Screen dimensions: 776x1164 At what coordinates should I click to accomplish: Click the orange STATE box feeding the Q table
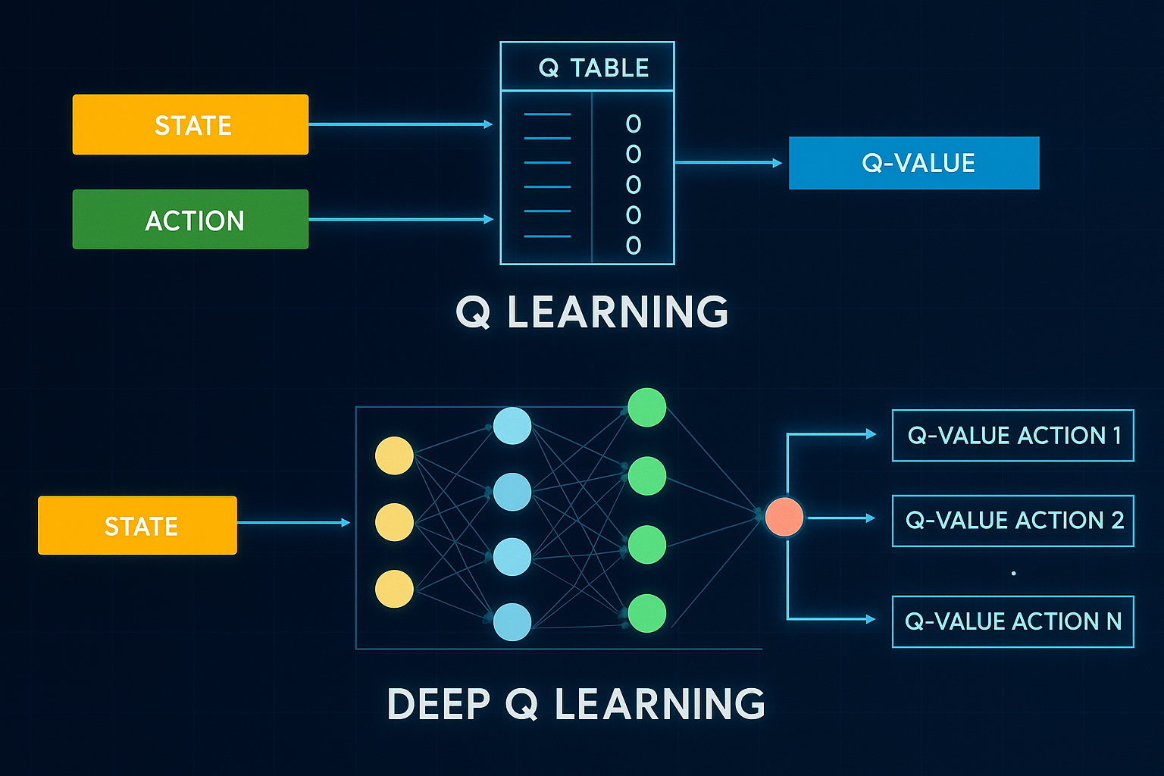(x=190, y=124)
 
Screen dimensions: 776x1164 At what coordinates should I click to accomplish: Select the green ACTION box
(x=190, y=220)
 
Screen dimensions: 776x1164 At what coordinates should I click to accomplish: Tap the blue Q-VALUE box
(x=914, y=163)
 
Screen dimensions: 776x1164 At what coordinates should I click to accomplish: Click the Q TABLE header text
(x=593, y=68)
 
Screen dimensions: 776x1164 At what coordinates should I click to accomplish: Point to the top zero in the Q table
(x=634, y=124)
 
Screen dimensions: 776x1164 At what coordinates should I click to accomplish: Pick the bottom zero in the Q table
(x=634, y=246)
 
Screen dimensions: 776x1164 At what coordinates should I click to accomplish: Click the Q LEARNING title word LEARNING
(x=618, y=312)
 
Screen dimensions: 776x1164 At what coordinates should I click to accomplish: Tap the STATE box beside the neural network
(x=137, y=525)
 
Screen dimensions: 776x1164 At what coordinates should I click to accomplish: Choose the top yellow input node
(x=394, y=455)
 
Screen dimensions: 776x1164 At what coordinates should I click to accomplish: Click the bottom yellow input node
(x=394, y=589)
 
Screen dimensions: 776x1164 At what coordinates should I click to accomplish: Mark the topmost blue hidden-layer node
(x=512, y=426)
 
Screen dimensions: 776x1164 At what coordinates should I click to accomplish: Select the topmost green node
(x=646, y=408)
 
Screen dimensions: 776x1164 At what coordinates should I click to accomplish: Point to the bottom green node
(x=646, y=613)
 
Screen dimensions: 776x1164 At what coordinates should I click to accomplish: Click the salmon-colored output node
(x=784, y=517)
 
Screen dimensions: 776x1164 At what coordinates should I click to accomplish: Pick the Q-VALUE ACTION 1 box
(x=1012, y=436)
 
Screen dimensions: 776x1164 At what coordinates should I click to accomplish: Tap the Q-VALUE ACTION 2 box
(x=1012, y=521)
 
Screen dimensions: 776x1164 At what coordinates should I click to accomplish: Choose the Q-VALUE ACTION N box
(x=1012, y=621)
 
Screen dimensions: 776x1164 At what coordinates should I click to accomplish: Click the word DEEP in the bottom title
(x=439, y=704)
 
